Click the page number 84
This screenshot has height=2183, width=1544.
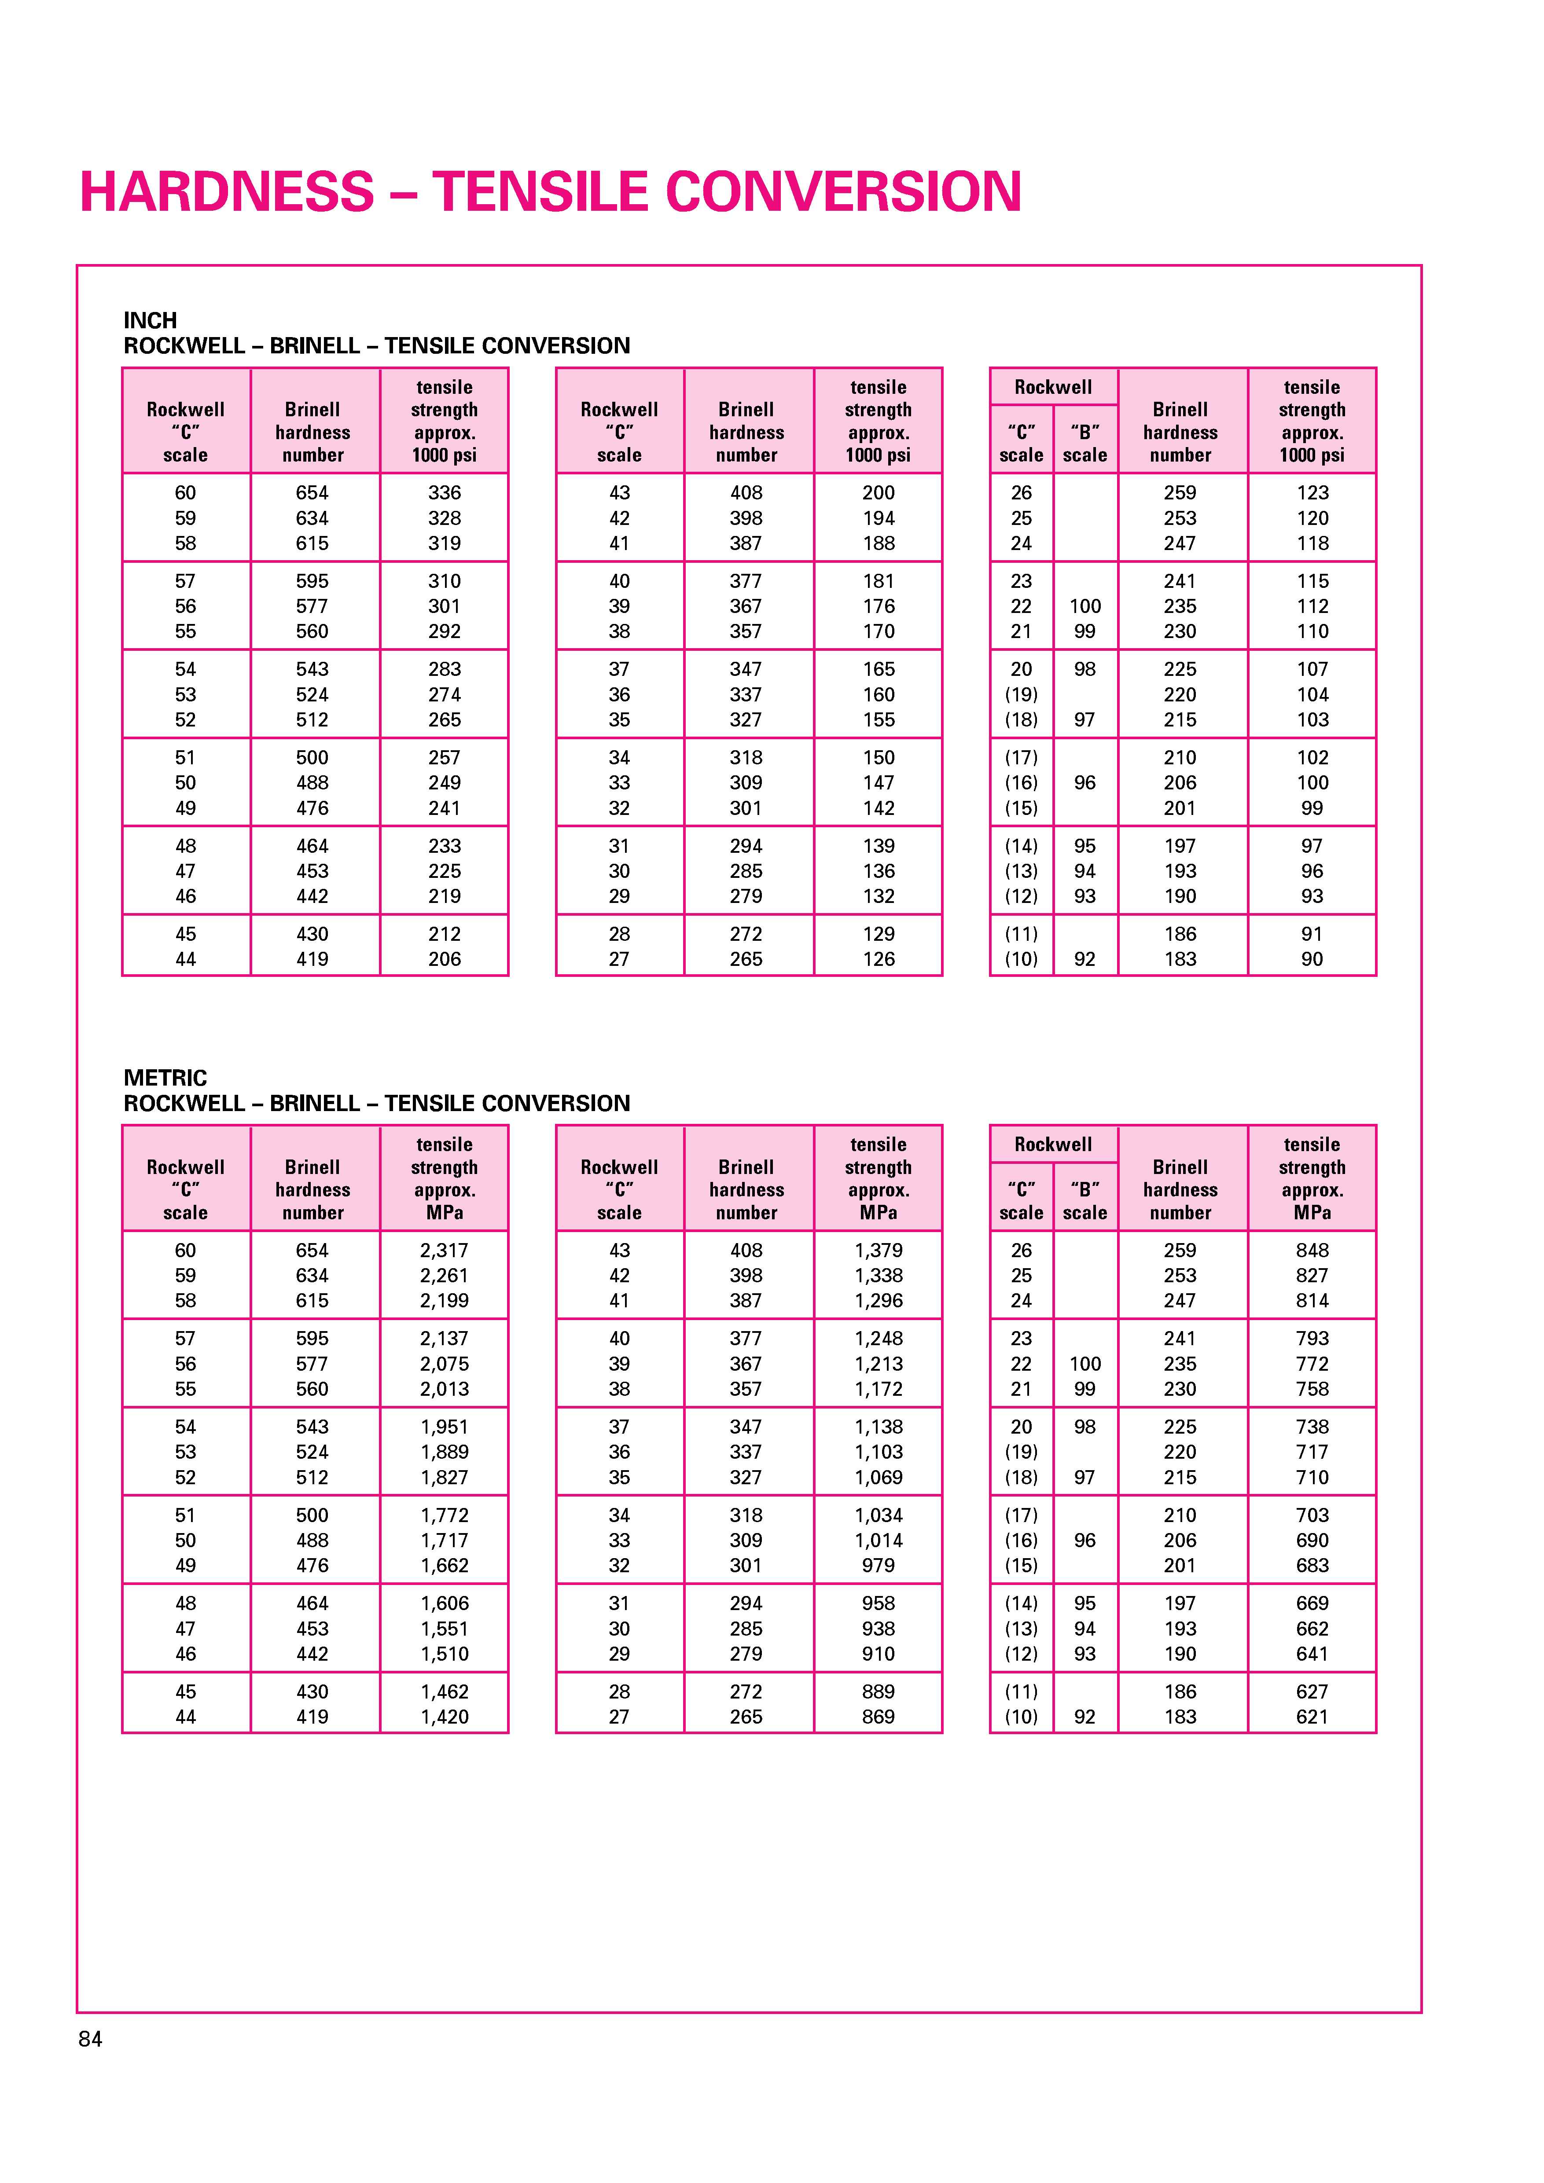coord(90,2039)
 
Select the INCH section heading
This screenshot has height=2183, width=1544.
coord(150,320)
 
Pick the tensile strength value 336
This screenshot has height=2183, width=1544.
coord(444,492)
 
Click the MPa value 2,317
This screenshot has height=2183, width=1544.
coord(444,1250)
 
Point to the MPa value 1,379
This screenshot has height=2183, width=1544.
coord(879,1250)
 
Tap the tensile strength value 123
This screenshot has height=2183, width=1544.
coord(1312,492)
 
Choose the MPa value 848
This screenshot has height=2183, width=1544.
coord(1312,1250)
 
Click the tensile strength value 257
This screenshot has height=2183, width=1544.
coord(444,758)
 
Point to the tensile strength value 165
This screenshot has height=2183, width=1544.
coord(879,669)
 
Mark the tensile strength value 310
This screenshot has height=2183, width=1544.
coord(444,581)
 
